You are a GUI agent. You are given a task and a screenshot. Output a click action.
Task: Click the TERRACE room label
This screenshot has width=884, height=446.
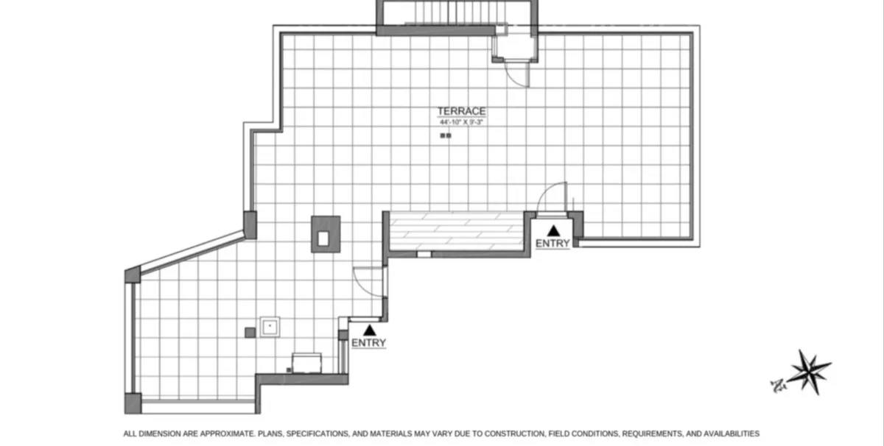(x=462, y=111)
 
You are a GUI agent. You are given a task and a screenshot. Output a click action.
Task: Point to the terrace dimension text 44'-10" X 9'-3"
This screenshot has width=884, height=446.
(x=462, y=121)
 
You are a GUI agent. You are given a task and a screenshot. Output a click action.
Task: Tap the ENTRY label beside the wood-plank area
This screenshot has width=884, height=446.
(x=552, y=244)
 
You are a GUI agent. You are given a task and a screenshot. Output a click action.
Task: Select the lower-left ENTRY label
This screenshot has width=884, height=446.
(x=368, y=343)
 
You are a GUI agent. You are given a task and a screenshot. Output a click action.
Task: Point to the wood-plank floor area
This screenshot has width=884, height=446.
(x=456, y=230)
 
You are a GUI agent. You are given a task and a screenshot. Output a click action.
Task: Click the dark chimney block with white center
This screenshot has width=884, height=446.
(x=326, y=234)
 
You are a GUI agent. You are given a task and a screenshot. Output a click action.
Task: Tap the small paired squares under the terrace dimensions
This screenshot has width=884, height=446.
(x=445, y=135)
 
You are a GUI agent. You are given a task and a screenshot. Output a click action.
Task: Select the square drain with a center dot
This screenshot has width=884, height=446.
(x=270, y=327)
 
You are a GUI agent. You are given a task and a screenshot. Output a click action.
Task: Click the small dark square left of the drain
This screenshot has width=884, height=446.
(x=250, y=332)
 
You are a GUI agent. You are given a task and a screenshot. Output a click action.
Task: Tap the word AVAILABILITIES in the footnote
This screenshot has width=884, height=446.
(x=724, y=434)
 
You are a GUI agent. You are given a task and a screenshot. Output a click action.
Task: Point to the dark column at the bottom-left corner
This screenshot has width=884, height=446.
(x=133, y=403)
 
